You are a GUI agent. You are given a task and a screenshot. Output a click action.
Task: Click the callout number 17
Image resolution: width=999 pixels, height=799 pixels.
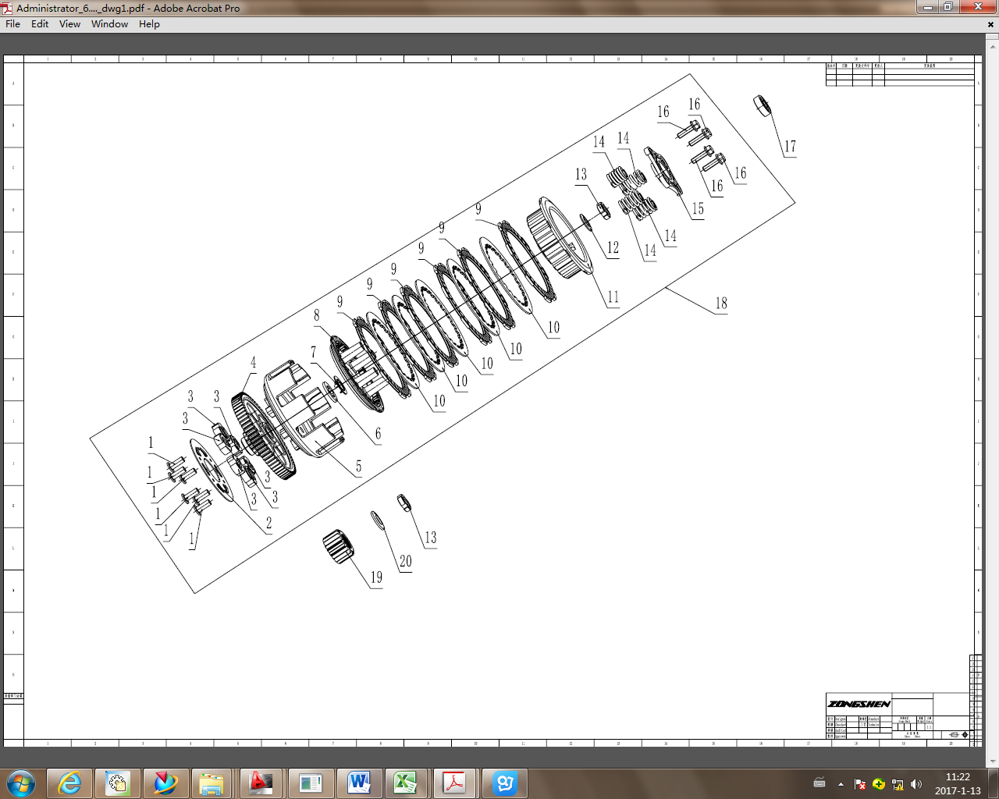click(790, 147)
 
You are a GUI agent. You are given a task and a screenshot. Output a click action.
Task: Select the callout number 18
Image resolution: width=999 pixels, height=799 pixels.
click(721, 304)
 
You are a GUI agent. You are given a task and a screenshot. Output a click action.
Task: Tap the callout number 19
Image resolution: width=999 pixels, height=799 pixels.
click(376, 577)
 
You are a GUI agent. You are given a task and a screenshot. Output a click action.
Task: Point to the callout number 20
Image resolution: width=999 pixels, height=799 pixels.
click(405, 562)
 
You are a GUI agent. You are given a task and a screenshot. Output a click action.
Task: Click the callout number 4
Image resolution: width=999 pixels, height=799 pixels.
click(253, 363)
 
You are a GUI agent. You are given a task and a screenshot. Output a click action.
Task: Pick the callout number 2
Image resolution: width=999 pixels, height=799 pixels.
click(269, 523)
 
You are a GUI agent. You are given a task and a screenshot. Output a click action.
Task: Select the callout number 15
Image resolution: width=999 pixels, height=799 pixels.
click(698, 209)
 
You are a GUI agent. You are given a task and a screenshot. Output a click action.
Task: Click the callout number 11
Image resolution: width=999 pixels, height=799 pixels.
click(613, 297)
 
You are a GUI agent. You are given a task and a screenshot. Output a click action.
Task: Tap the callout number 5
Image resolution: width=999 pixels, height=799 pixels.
click(358, 467)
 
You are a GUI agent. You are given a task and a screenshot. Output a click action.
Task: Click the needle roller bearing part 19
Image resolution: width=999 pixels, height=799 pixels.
click(339, 545)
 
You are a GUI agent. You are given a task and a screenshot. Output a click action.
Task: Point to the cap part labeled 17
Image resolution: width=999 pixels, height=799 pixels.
click(762, 105)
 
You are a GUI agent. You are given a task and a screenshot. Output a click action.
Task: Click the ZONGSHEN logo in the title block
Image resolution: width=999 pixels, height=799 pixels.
click(859, 704)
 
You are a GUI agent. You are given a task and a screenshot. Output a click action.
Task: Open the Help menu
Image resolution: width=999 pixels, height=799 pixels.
click(149, 24)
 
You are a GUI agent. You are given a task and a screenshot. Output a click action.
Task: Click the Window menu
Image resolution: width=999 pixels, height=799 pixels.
click(109, 24)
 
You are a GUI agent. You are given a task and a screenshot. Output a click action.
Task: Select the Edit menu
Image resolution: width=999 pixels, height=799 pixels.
click(40, 24)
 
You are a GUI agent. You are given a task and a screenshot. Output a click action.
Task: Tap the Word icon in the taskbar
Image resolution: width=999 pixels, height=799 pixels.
click(359, 782)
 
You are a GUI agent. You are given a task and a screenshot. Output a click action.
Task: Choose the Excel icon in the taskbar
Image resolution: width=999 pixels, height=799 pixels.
click(405, 782)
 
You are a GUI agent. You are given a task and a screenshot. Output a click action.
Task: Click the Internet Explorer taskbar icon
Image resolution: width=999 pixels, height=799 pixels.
click(70, 782)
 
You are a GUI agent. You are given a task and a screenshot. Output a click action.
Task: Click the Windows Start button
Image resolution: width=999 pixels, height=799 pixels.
click(20, 782)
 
